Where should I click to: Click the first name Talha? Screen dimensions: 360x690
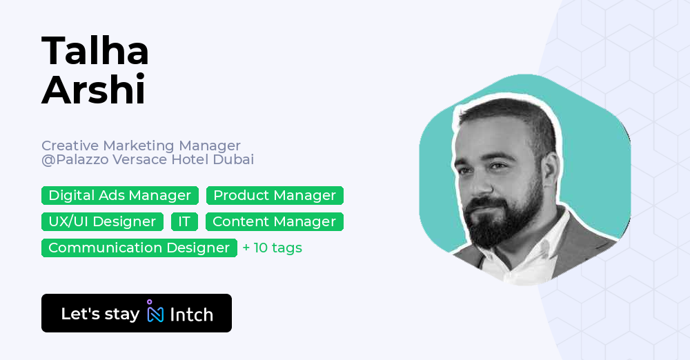tap(95, 51)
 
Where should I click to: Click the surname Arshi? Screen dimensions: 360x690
tap(94, 90)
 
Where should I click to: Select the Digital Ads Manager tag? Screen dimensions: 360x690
tap(120, 195)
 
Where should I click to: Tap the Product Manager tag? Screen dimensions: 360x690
tap(275, 195)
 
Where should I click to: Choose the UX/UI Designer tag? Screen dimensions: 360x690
tap(102, 221)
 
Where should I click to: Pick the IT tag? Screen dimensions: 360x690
tap(184, 221)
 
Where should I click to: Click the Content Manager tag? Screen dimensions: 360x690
tap(274, 221)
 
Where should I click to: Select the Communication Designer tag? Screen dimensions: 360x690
tap(139, 248)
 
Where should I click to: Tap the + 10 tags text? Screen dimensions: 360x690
tap(273, 248)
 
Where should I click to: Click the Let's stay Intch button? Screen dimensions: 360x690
tap(137, 313)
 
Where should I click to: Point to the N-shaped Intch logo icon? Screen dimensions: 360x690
tap(155, 314)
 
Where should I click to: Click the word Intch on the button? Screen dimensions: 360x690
tap(191, 314)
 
